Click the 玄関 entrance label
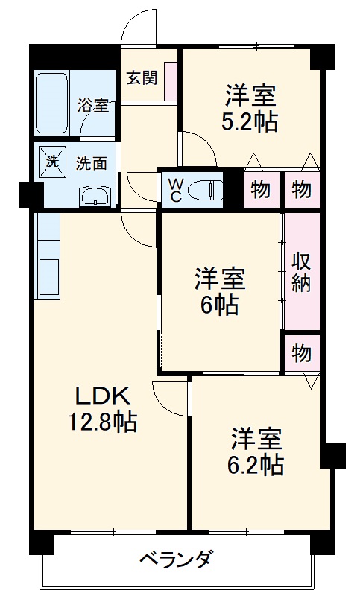pos(141,78)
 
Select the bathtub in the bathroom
pos(54,104)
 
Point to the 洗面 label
pos(93,160)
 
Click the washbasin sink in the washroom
pos(95,196)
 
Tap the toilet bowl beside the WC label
pos(206,189)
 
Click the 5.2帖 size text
pos(250,122)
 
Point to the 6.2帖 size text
pos(255,466)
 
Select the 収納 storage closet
pos(301,272)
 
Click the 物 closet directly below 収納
pos(301,352)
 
